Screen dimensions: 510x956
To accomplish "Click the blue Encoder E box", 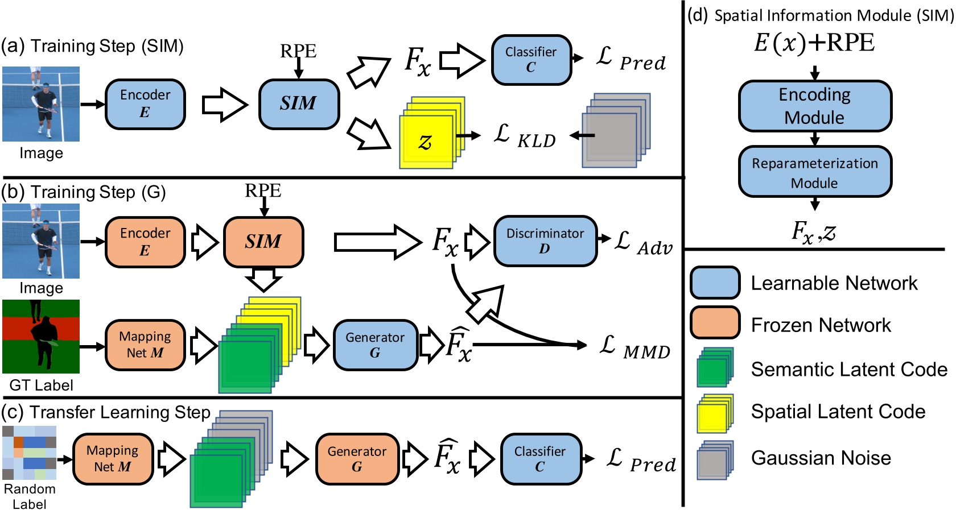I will [145, 104].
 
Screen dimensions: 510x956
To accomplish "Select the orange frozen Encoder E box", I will [145, 242].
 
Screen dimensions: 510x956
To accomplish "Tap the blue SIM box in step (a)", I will [299, 104].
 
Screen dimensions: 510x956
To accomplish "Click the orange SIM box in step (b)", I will [263, 242].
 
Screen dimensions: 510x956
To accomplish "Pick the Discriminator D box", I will [545, 241].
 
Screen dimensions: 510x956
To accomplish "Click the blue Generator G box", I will [375, 345].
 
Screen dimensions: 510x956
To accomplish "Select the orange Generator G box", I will [357, 459].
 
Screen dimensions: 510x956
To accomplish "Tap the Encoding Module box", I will [814, 106].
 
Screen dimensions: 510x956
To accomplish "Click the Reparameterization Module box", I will [814, 172].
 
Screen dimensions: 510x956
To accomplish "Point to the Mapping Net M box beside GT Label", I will [145, 345].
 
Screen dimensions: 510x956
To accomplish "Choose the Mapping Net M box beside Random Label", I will [113, 459].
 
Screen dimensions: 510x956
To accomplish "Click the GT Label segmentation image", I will [41, 336].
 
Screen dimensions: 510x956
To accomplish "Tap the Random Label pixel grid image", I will [30, 453].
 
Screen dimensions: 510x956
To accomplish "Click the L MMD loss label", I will [635, 347].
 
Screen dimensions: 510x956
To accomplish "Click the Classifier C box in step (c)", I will [541, 459].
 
